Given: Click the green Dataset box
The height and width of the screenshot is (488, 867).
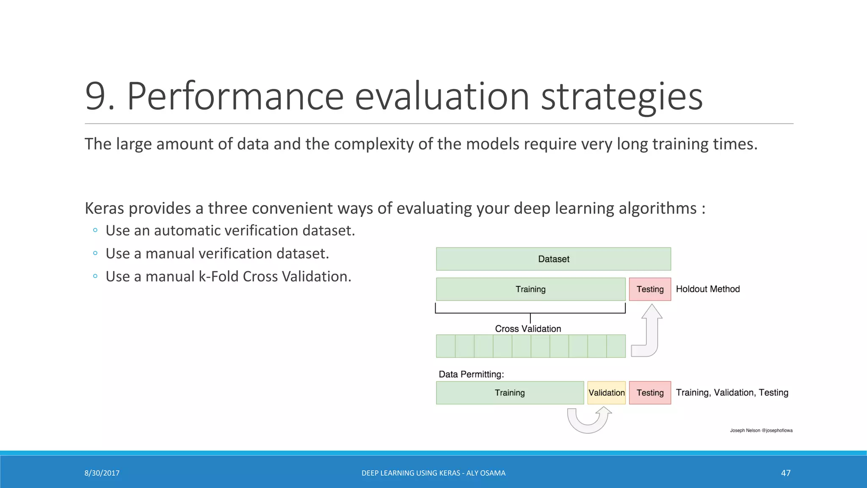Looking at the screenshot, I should [553, 259].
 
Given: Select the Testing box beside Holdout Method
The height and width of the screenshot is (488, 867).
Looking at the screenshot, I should [650, 289].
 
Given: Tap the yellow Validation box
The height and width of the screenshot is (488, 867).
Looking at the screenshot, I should [606, 393].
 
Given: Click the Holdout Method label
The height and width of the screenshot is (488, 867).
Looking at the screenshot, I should [707, 289].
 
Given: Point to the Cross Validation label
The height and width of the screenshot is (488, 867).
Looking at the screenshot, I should [528, 329].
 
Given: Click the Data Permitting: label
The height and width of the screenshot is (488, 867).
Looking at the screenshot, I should [471, 374].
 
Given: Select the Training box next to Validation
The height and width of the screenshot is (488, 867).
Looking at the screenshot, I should [510, 393].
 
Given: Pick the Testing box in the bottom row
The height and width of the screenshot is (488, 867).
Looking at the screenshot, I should [650, 393].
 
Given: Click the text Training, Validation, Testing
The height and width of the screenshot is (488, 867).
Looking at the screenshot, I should [732, 393].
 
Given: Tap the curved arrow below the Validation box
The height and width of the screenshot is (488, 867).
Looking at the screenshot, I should [588, 421].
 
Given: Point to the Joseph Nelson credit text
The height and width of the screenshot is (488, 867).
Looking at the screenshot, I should [761, 430].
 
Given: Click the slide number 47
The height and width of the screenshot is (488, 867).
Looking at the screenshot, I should [785, 473].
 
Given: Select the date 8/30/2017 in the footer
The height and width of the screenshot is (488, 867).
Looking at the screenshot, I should [102, 473].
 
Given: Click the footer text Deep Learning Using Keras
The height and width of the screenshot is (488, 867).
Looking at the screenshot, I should [433, 473].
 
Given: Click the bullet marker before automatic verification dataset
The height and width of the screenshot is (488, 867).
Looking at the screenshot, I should [95, 230].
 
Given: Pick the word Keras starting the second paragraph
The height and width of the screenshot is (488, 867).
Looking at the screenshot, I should [105, 208].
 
